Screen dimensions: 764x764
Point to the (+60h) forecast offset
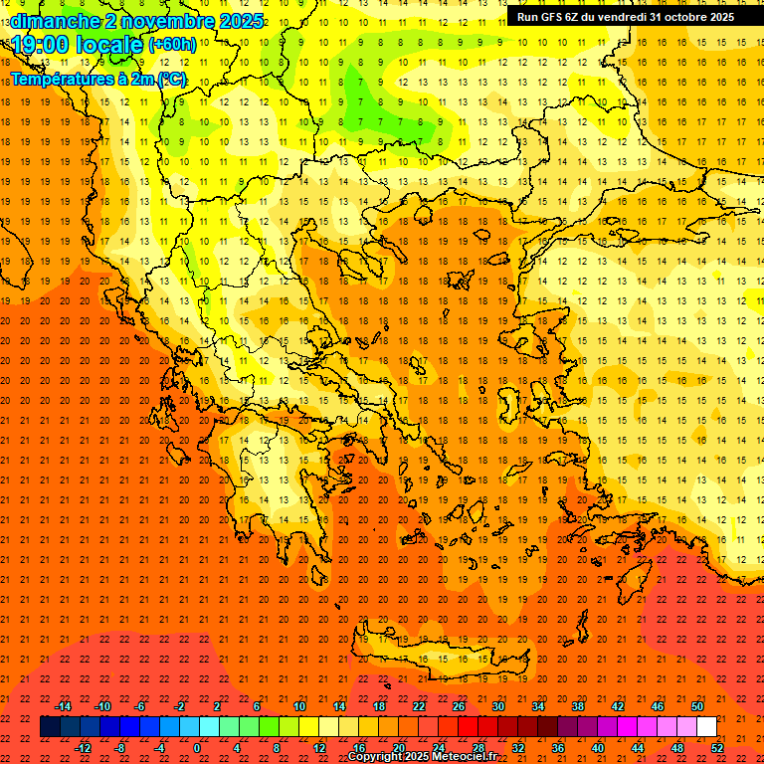[172, 45]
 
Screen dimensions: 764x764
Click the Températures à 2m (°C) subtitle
[97, 79]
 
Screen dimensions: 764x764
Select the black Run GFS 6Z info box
[625, 17]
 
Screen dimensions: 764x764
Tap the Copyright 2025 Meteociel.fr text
[422, 757]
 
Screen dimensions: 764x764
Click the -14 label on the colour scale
[63, 706]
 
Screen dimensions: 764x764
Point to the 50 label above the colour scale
[697, 706]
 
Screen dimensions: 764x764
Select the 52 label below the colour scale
[718, 747]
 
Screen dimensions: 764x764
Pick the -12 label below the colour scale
[83, 747]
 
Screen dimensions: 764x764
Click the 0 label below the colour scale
[198, 747]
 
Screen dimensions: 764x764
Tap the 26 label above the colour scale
[459, 706]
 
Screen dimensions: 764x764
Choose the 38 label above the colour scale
[578, 706]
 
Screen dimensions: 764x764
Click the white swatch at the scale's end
[706, 726]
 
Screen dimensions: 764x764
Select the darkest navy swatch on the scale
[50, 726]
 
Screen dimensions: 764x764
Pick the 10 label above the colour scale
[298, 706]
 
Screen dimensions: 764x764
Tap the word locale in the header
[111, 45]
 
